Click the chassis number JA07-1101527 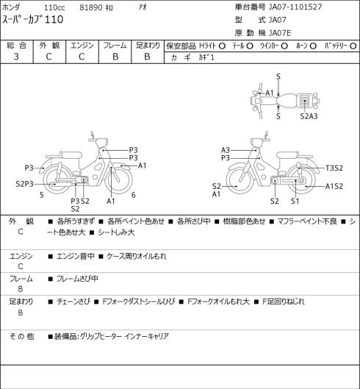[295, 7]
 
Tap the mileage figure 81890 [91, 7]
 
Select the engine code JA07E [280, 33]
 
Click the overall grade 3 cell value [16, 57]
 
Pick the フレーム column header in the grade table [115, 46]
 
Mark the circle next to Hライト [222, 46]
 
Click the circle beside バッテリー [353, 46]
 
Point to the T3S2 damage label [334, 168]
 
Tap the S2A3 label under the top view [309, 116]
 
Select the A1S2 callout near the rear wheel [334, 186]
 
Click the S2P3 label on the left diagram [24, 184]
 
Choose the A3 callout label [226, 150]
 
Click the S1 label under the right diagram [295, 201]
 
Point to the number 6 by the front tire [134, 195]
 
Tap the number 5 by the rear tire [42, 195]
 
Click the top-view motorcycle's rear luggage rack [303, 100]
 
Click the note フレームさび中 [77, 279]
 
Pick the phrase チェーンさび [73, 301]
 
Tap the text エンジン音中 [76, 256]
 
